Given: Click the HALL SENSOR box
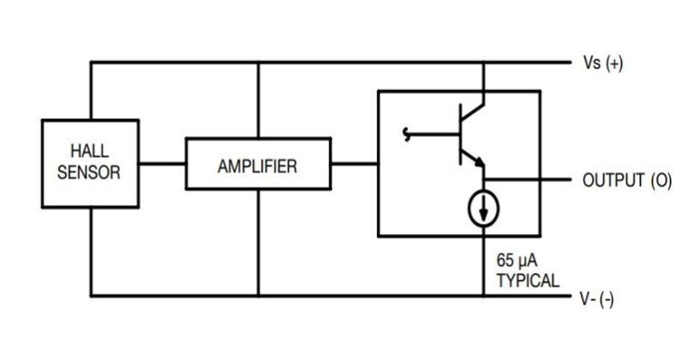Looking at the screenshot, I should pos(89,163).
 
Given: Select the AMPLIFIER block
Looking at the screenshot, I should pos(257,166).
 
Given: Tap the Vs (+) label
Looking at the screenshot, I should pos(602,64).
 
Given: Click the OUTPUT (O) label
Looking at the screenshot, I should pos(627,180).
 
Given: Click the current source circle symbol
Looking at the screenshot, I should pos(482,209).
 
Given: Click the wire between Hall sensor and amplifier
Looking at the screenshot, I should pos(162,165).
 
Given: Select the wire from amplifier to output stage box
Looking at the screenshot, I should pos(354,165).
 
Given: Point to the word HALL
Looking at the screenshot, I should pos(89,152).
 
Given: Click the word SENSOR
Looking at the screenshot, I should pos(89,172).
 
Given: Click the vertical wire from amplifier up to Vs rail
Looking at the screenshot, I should pos(258,100).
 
